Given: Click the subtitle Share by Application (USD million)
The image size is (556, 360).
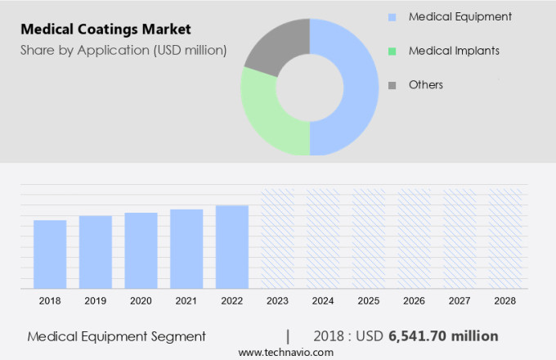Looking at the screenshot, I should pos(123,51).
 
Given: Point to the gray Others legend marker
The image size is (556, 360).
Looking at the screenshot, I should pos(392,85).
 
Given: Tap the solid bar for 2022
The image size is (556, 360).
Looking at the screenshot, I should pos(232,246).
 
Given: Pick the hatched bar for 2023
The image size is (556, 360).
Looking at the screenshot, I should pos(277,237).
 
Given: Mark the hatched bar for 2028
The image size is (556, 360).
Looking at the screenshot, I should pos(504,237).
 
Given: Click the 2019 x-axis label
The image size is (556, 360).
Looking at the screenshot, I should pos(96,301).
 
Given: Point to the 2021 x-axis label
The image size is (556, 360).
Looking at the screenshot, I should pos(186,301).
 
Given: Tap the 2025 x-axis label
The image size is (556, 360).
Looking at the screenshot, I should pos(368,301).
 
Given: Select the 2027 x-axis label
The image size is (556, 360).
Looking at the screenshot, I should pos(459,301).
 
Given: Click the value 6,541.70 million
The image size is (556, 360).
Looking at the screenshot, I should pos(443,336).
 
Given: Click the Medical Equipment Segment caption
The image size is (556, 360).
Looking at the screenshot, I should pos(117,336).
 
